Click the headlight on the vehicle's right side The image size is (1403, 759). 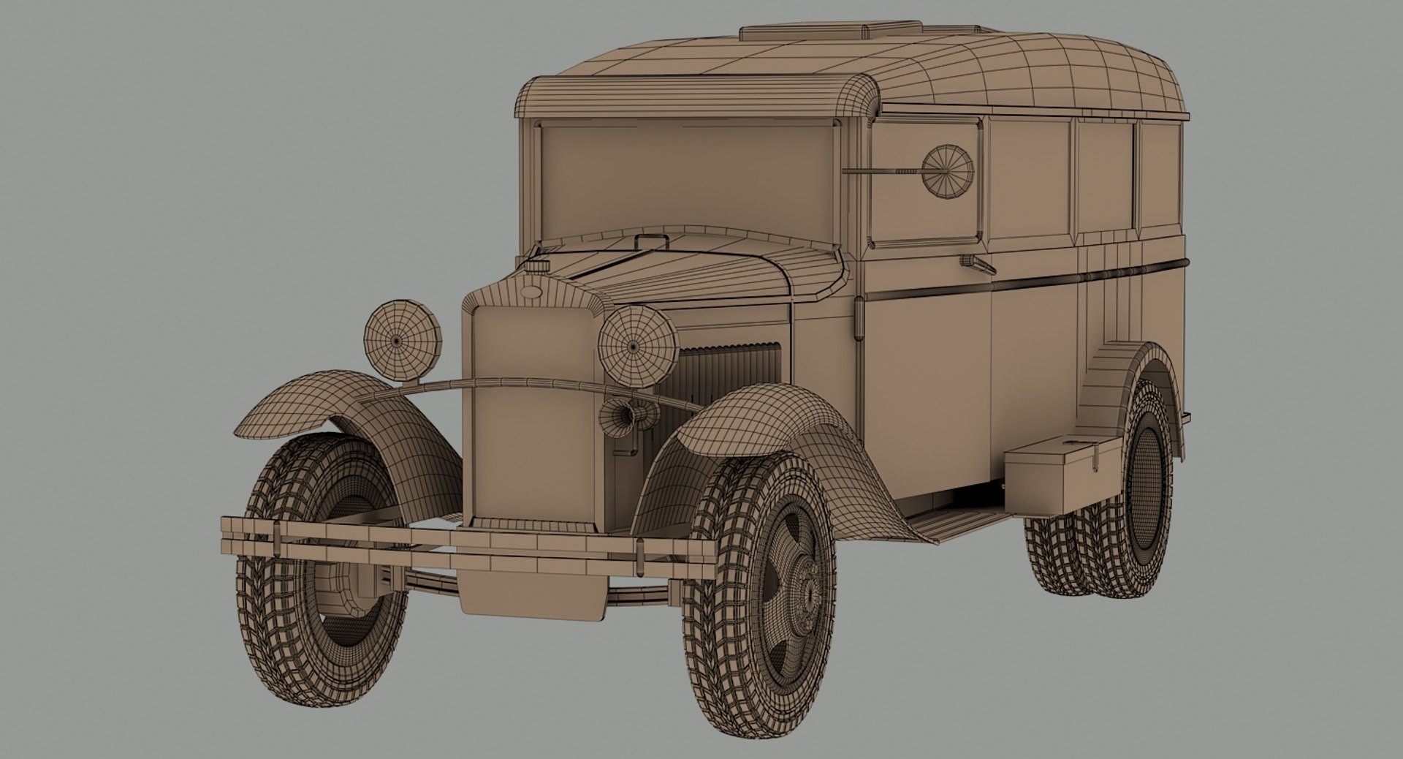tap(403, 341)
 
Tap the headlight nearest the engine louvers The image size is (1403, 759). tap(637, 344)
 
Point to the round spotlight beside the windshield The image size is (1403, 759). tap(948, 170)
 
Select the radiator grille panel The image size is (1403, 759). tap(533, 409)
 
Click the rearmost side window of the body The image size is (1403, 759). tap(1159, 179)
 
